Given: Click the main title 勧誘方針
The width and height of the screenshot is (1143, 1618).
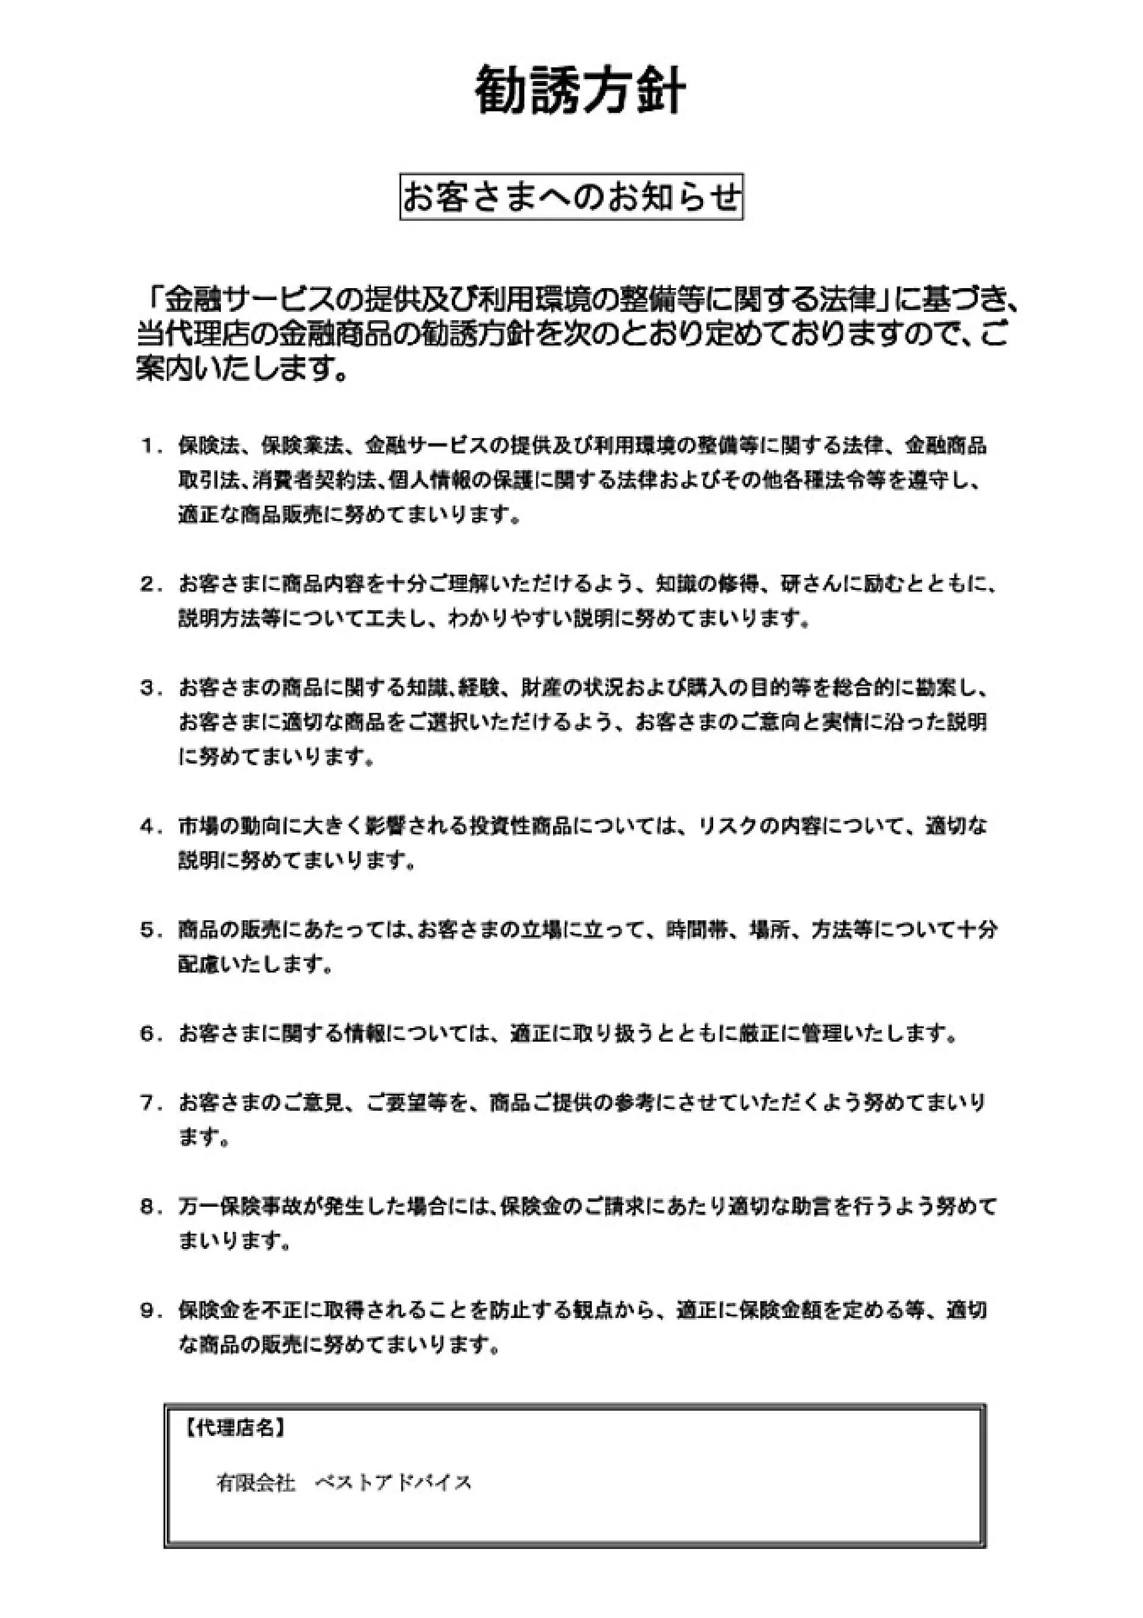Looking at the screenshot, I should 579,91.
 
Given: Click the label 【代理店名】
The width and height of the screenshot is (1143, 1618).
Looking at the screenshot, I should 235,1428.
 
